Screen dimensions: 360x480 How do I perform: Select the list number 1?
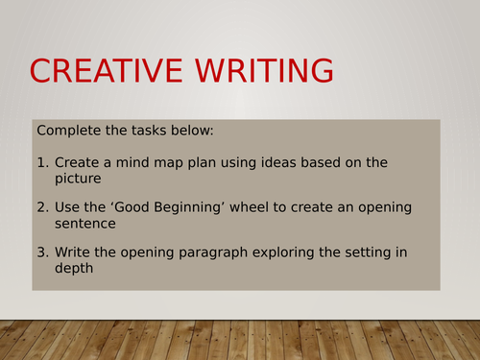point(42,163)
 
